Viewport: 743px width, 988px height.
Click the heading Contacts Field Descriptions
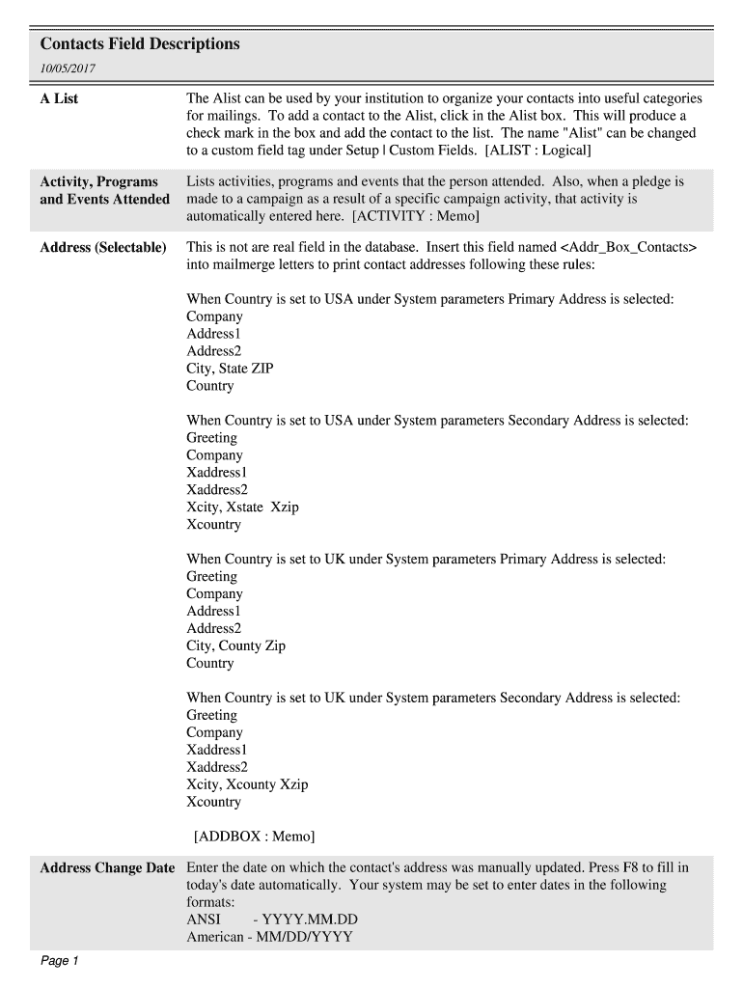coord(140,44)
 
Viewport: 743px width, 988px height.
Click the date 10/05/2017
coord(68,69)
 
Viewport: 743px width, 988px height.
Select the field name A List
coord(59,98)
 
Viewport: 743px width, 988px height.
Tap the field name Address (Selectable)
coord(103,248)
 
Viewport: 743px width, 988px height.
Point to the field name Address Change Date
coord(107,868)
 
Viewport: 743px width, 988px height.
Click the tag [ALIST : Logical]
coord(538,151)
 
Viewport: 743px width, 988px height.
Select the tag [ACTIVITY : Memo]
coord(416,216)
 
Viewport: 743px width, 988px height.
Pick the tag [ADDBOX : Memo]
coord(255,837)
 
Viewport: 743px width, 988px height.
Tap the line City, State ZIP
coord(230,369)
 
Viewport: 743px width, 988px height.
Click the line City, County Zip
coord(235,646)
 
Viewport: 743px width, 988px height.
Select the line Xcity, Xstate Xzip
coord(242,508)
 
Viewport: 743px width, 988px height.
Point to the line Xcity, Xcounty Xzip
coord(247,785)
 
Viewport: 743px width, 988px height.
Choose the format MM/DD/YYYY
coord(307,937)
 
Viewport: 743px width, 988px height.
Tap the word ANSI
coord(204,919)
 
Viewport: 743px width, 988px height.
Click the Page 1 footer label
coord(60,961)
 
